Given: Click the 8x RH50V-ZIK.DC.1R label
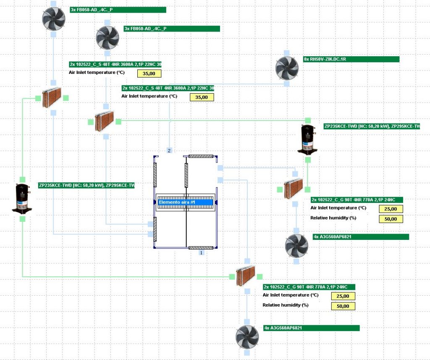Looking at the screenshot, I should [x=351, y=59].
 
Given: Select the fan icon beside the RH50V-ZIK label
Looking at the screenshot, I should [x=287, y=68].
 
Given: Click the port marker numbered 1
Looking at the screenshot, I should [x=201, y=253].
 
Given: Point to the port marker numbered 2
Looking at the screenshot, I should [x=169, y=150].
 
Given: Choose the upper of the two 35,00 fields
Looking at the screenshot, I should [x=149, y=74].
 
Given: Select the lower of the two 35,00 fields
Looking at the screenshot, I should [x=202, y=97].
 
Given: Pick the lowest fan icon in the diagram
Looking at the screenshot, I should [x=247, y=336].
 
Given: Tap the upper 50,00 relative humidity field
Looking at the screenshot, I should [x=391, y=219].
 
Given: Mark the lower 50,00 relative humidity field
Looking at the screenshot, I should [x=343, y=306].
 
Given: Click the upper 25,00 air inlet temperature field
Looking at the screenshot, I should [x=391, y=209].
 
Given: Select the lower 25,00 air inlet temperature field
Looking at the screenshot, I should [x=343, y=296].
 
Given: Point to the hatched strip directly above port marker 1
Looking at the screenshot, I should [x=201, y=247].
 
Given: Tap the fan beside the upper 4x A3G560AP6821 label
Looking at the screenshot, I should [x=296, y=245].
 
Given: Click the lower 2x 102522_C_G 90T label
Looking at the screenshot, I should [x=309, y=287].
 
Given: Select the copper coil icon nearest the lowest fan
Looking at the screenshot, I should [x=246, y=276].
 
